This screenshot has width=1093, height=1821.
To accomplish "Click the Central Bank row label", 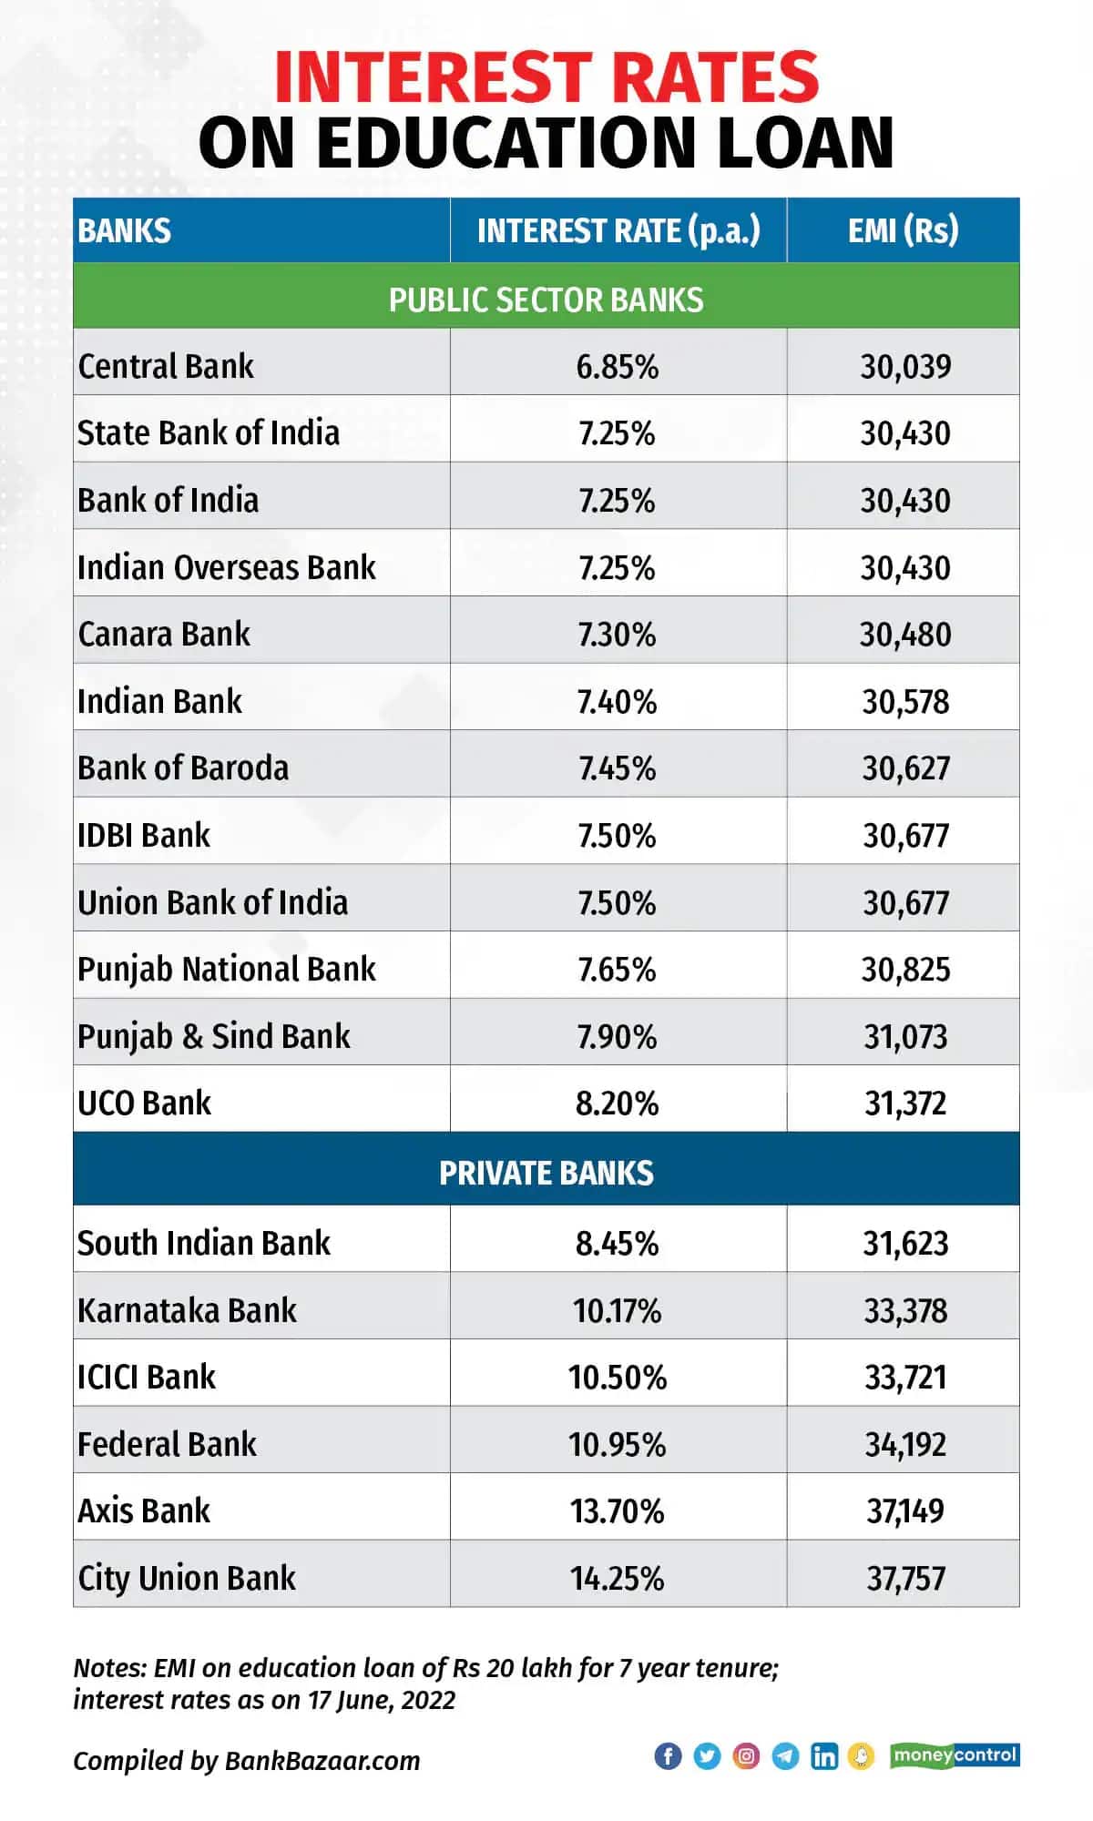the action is [165, 366].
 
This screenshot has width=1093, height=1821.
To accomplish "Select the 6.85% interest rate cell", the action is [618, 367].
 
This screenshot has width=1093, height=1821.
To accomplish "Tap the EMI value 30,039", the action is [905, 367].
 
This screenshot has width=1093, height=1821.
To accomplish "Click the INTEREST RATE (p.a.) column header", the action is [618, 231].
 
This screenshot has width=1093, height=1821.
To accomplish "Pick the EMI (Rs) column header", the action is [904, 231].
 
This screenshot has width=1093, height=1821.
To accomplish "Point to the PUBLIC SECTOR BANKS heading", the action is [546, 300].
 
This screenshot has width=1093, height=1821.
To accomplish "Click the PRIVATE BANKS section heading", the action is [546, 1173].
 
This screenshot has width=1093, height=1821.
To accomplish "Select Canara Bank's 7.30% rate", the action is [618, 635].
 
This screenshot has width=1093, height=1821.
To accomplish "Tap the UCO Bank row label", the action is [144, 1104].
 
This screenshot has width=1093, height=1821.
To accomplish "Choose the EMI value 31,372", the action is [905, 1104].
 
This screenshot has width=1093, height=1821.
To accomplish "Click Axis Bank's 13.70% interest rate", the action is [618, 1511].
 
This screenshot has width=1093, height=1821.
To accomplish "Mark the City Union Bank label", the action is [187, 1579].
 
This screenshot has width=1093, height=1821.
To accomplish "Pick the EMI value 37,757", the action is [905, 1579].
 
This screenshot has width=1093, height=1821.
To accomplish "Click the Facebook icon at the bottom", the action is [668, 1755].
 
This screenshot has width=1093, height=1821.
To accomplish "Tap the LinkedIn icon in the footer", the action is [824, 1755].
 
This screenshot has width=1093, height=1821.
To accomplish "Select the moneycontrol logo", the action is [955, 1755].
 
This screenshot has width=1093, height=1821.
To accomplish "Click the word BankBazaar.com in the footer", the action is [322, 1761].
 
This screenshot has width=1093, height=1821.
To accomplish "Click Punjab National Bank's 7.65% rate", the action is [618, 970].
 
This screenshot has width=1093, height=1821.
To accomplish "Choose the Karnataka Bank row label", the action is [187, 1310].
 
